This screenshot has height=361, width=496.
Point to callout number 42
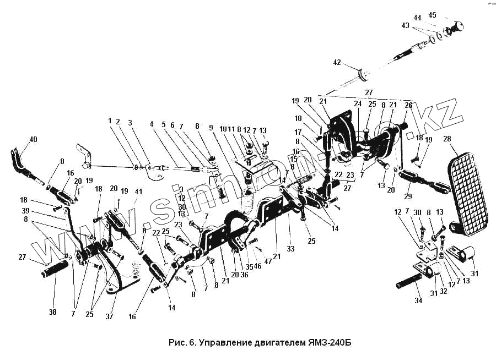[x=336, y=63]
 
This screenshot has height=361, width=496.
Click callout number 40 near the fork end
[x=34, y=139]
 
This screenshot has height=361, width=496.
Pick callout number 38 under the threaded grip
[x=52, y=312]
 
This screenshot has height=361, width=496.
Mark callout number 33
[x=290, y=249]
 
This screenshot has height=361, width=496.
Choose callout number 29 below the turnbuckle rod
[x=408, y=197]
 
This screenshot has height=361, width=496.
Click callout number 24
[x=357, y=103]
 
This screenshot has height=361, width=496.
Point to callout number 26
[x=408, y=104]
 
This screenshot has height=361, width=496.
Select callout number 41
[x=138, y=192]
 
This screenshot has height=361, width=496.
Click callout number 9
[x=211, y=128]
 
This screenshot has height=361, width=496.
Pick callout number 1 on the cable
[x=110, y=121]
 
